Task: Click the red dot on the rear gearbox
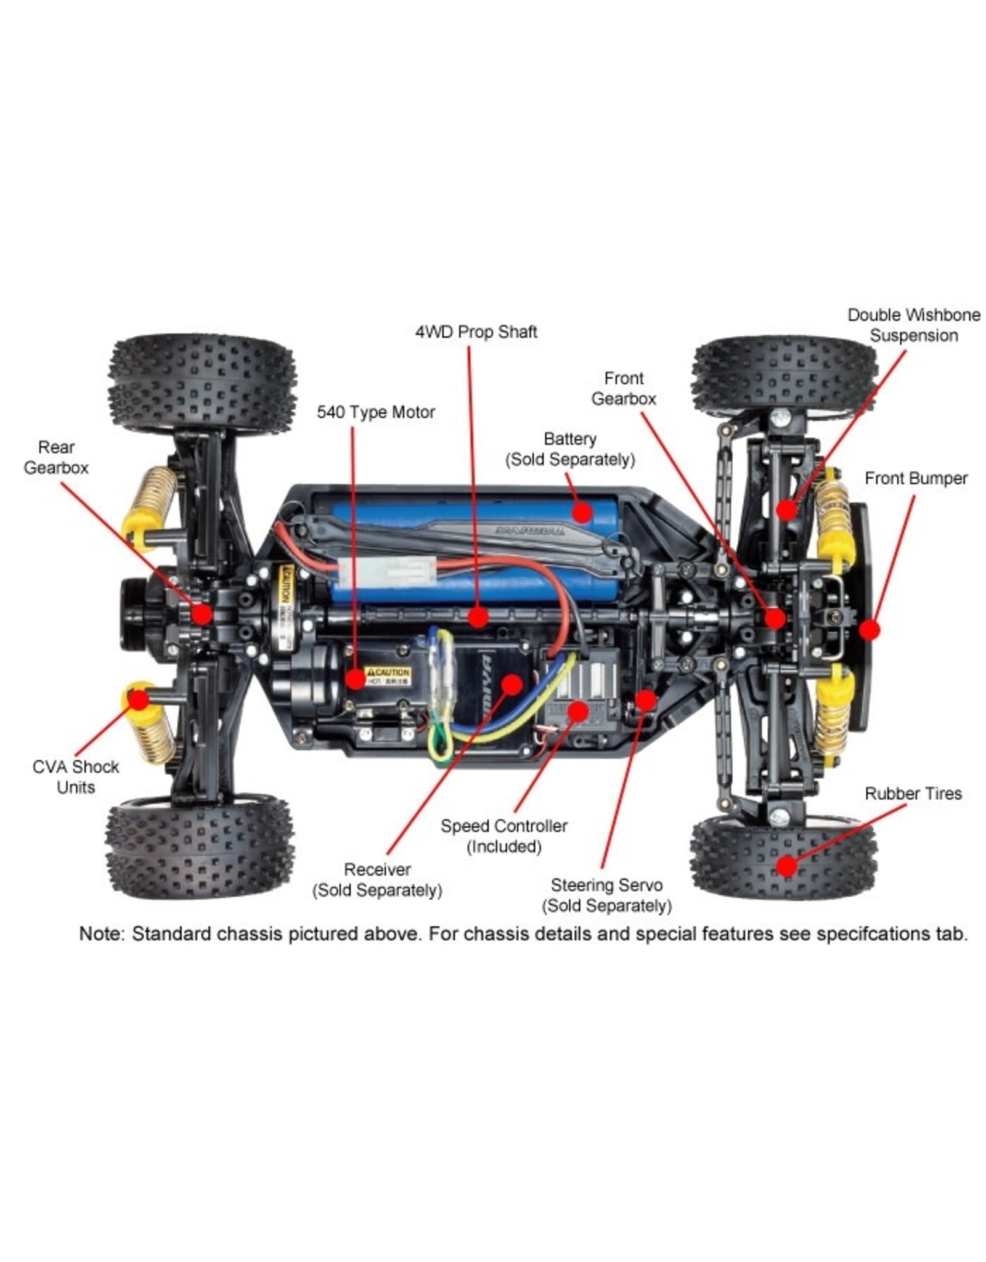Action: tap(202, 614)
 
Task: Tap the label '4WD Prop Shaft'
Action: tap(476, 332)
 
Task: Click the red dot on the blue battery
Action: tap(581, 511)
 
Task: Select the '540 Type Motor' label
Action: tap(375, 412)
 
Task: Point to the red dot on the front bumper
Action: tap(869, 630)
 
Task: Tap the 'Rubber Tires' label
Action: tap(913, 794)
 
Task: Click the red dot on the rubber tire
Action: tap(786, 866)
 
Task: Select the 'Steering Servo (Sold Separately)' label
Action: tap(606, 895)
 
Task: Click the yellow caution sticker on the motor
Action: tap(387, 676)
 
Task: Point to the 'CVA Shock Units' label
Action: tap(75, 777)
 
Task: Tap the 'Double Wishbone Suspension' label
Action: tap(913, 325)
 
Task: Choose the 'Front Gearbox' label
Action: tap(623, 388)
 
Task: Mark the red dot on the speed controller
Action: tap(577, 710)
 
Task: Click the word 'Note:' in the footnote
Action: tap(102, 934)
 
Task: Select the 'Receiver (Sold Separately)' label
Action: tap(377, 880)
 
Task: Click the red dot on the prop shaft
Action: tap(478, 616)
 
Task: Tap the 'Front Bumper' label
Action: tap(916, 479)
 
